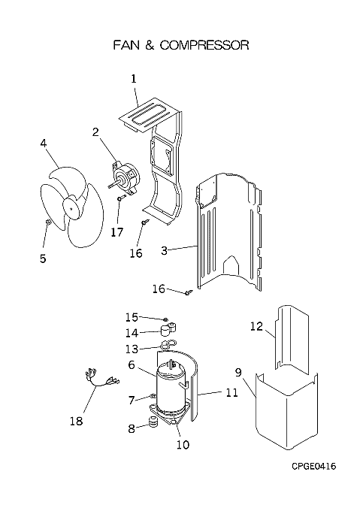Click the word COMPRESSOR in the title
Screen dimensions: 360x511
tap(204, 45)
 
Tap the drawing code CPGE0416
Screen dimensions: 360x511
tap(313, 467)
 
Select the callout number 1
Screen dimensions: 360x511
tap(134, 79)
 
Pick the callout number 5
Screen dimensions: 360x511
tap(43, 259)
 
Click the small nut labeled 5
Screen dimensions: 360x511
tap(48, 222)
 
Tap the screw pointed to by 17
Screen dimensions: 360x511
tap(122, 197)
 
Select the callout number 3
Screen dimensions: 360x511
tap(164, 250)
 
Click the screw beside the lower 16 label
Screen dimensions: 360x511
tap(189, 292)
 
